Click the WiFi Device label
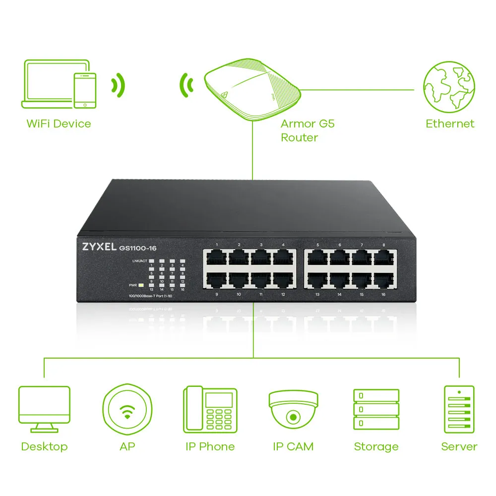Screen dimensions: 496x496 pos(59,124)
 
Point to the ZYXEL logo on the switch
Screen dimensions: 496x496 pos(96,246)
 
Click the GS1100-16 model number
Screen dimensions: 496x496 pos(141,248)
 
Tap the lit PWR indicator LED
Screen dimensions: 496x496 pos(141,285)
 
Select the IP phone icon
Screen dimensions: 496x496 pos(209,408)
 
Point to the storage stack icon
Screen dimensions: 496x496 pos(376,409)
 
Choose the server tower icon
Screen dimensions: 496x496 pos(459,408)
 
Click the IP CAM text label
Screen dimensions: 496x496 pos(293,446)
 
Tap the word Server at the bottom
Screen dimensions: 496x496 pos(459,446)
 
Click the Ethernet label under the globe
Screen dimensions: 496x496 pos(450,124)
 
